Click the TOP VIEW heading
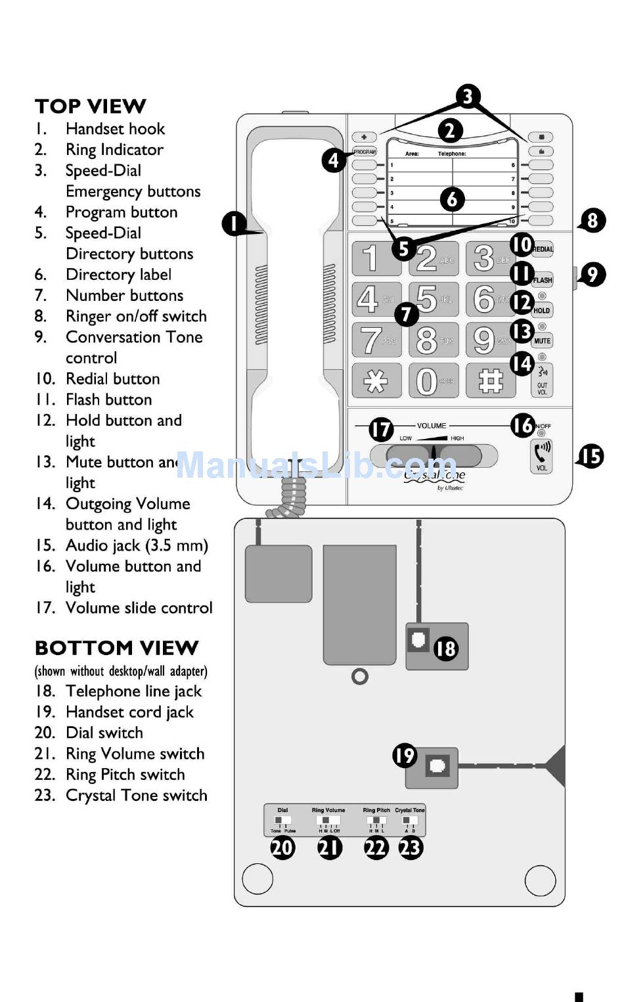point(91,106)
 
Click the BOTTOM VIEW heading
point(116,648)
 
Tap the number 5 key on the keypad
point(433,299)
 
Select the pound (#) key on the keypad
point(490,380)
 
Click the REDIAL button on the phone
point(543,249)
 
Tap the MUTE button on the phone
point(542,341)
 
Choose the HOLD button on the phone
point(542,310)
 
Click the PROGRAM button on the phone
point(365,152)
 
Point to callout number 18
point(445,649)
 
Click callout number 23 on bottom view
point(411,848)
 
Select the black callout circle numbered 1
point(234,223)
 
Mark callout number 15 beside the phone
point(591,456)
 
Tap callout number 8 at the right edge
point(592,220)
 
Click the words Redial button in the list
point(112,379)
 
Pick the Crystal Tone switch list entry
point(136,796)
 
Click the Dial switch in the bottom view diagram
point(282,821)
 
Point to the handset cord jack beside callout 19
point(437,765)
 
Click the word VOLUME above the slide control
point(432,426)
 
